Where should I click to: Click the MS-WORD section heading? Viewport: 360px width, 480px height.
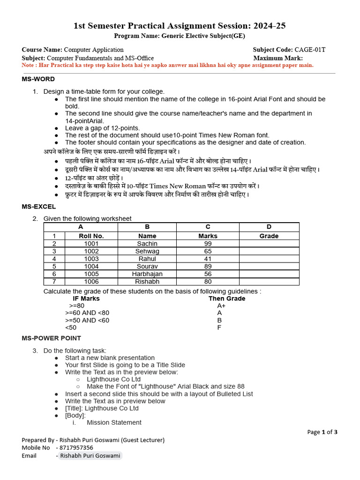pos(38,79)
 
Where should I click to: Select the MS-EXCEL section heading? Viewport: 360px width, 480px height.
pos(38,206)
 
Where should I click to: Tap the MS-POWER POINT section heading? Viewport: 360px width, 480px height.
pos(51,338)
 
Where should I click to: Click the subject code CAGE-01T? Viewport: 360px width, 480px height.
pos(310,50)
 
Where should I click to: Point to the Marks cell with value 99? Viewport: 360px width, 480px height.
pos(208,244)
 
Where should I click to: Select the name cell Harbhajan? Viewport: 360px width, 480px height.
pos(147,274)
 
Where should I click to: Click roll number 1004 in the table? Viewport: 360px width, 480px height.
pos(91,266)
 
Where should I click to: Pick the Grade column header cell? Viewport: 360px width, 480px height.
pos(269,236)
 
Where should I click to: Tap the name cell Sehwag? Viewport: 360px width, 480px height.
pos(147,251)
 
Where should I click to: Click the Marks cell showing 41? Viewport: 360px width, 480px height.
pos(208,259)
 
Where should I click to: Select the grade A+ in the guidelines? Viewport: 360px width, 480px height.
pos(222,306)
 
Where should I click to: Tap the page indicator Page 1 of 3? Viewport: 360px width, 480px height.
pos(322,432)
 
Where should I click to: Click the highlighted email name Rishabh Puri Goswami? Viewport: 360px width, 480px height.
pos(90,456)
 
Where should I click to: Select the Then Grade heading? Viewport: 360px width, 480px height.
pos(227,298)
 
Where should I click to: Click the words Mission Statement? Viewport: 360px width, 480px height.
pos(114,422)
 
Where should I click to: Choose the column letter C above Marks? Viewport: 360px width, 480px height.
pos(208,227)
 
